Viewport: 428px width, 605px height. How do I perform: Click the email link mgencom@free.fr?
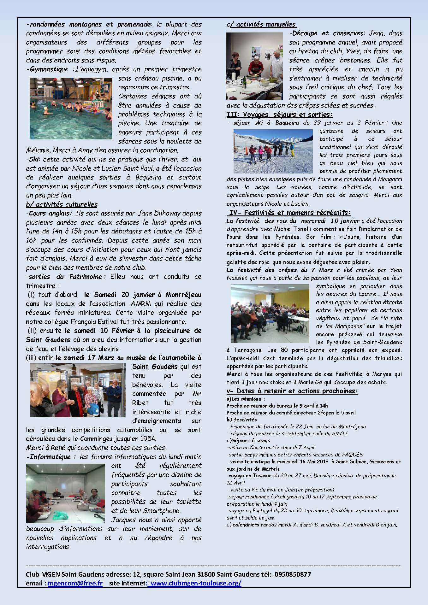click(75, 583)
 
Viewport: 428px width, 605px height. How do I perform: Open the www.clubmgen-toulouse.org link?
click(196, 583)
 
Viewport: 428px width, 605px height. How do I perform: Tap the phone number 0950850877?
click(293, 574)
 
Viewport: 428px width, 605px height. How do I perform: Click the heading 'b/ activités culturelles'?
click(62, 204)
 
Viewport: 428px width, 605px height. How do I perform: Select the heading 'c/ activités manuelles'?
click(262, 24)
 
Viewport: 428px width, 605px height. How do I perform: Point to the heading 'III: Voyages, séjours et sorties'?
click(279, 115)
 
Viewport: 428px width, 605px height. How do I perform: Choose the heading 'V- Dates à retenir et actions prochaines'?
click(292, 391)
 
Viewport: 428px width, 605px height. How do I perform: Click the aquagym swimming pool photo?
click(71, 109)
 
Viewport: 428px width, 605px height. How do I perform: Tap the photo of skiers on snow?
click(273, 151)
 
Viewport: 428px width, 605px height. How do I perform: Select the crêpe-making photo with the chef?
click(254, 66)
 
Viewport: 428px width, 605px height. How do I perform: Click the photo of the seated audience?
click(270, 314)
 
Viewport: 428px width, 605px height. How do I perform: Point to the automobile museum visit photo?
click(78, 390)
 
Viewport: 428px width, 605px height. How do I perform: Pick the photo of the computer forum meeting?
click(65, 493)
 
